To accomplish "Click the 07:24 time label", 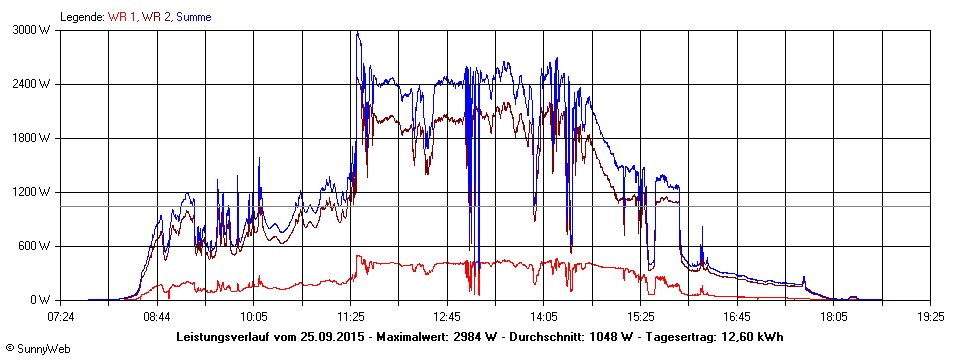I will click(x=61, y=317).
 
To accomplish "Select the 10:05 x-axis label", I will click(x=254, y=317).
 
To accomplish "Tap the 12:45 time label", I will click(x=447, y=317).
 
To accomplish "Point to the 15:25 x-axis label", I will click(x=640, y=317).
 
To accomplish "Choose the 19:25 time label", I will click(x=930, y=317).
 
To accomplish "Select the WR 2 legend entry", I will click(x=156, y=17).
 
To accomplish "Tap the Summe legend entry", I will click(x=194, y=17).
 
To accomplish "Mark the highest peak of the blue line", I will click(x=357, y=33).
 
